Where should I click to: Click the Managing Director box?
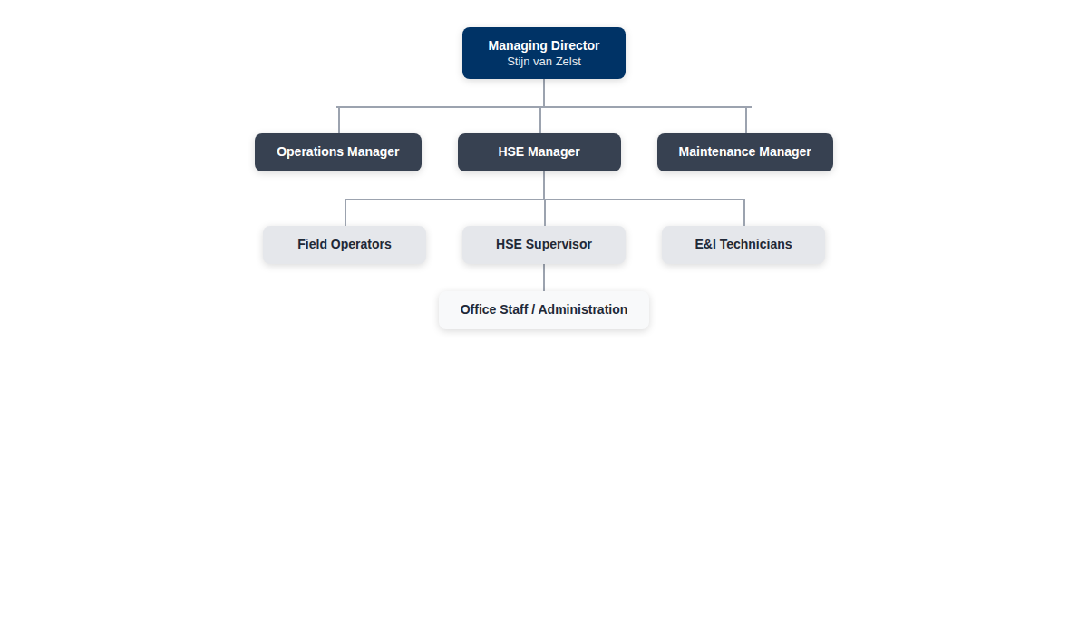coord(543,53)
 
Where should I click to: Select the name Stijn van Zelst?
coord(543,62)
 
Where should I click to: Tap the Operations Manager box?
coord(338,152)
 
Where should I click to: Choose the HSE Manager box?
coord(539,152)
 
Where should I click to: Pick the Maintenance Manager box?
coord(745,152)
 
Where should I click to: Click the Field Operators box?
coord(345,245)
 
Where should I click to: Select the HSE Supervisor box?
coord(543,245)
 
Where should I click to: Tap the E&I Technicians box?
coord(743,245)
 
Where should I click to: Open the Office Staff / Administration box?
coord(543,310)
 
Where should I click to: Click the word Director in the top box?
coord(576,45)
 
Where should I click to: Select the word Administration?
coord(583,309)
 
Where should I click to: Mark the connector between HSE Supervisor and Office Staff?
coord(543,278)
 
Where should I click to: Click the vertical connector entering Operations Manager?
coord(339,120)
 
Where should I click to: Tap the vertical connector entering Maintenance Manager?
coord(746,120)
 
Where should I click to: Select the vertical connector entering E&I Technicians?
coord(744,213)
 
